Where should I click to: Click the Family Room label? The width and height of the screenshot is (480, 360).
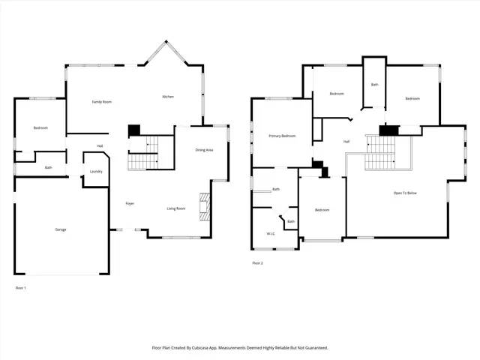coord(102,101)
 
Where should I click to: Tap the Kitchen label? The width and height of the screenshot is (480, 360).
coord(169,97)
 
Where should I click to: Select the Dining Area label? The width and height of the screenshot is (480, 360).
coord(205,151)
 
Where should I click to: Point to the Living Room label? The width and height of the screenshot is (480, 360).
coord(176,208)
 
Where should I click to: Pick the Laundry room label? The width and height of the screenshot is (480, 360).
coord(96,172)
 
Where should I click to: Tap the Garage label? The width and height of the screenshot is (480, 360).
coord(60,229)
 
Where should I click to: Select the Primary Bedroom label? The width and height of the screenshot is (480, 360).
coord(282,136)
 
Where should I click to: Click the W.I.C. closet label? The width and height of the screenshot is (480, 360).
coord(271,233)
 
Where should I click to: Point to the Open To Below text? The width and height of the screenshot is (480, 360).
coord(404,193)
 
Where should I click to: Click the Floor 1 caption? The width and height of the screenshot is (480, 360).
coord(20,288)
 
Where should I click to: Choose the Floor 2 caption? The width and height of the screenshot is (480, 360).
coord(257,263)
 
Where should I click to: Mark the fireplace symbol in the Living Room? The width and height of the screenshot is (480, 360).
coord(202,205)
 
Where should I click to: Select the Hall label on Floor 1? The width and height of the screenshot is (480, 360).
coord(99,145)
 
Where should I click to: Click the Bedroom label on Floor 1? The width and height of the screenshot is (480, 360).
coord(40,127)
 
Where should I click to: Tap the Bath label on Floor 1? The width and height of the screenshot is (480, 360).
coord(48,167)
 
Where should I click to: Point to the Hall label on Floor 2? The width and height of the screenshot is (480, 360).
coord(346,141)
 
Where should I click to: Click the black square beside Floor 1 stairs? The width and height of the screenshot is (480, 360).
coord(134,130)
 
